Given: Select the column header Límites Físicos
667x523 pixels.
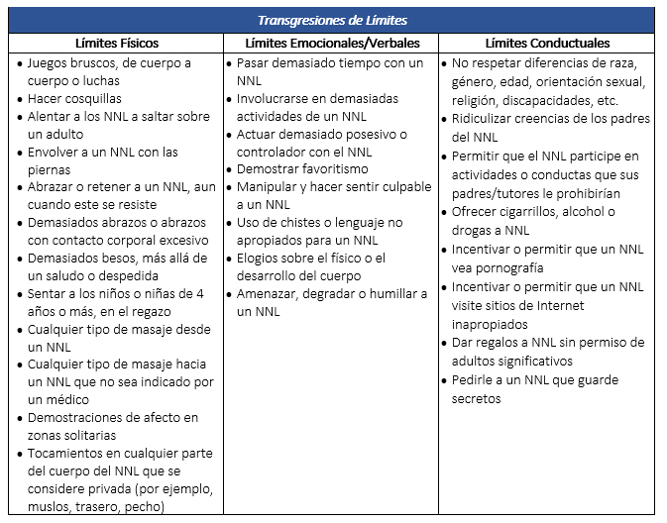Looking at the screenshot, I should click(116, 44).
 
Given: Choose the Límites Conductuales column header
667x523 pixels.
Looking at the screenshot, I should click(547, 44).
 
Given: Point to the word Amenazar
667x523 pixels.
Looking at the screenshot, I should click(270, 294).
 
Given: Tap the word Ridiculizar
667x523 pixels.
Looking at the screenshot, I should click(488, 119).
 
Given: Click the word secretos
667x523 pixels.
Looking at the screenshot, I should click(476, 398).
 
